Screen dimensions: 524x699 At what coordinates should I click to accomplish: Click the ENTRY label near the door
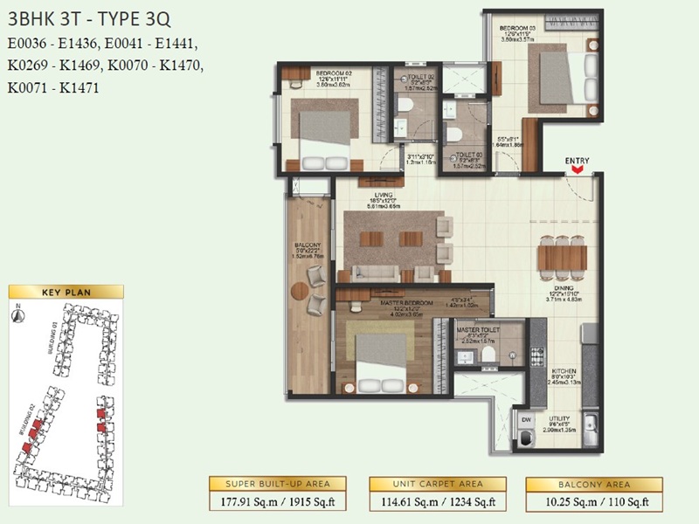click(577, 160)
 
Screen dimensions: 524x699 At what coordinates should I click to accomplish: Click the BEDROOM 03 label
click(518, 29)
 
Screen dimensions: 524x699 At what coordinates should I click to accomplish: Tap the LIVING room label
click(381, 195)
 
